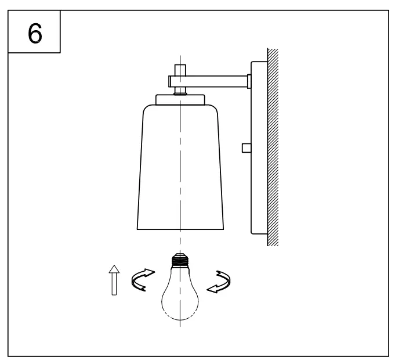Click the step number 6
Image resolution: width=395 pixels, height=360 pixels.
tap(35, 33)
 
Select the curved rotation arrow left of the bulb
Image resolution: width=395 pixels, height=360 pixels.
tap(143, 279)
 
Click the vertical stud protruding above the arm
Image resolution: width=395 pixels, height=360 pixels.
tap(180, 69)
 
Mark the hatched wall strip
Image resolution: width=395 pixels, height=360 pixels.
tap(273, 148)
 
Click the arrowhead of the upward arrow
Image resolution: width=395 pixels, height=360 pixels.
tap(114, 268)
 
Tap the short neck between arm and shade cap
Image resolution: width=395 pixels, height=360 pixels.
tap(180, 90)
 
